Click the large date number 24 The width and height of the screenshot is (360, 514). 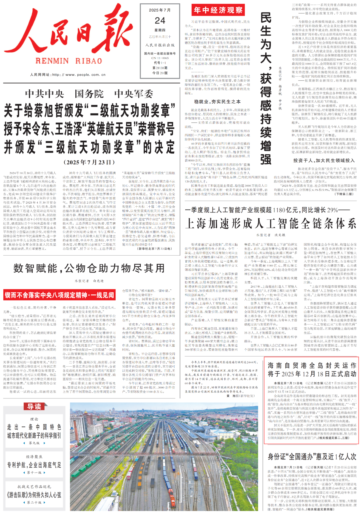(160, 21)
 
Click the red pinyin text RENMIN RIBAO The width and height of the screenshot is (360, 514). (69, 61)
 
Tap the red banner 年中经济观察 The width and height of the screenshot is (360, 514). (218, 10)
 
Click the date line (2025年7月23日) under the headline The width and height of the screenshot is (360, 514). (89, 162)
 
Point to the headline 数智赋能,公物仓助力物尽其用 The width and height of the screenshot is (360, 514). (89, 268)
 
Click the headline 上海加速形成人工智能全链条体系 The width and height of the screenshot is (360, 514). (271, 224)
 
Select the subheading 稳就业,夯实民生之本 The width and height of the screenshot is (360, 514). (217, 102)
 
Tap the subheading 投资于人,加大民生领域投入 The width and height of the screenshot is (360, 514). (324, 161)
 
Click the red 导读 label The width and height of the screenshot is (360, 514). (34, 407)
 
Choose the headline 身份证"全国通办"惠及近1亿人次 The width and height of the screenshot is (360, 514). (312, 456)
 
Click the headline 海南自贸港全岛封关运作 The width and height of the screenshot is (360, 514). (312, 369)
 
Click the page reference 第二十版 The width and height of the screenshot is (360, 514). (34, 502)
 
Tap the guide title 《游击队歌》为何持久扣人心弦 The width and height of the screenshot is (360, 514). (34, 495)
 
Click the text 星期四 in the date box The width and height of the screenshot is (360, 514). (160, 30)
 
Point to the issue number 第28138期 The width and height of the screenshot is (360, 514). (160, 68)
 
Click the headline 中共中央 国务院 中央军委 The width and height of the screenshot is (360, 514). (89, 94)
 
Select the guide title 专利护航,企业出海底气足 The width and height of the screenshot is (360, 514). (34, 465)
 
